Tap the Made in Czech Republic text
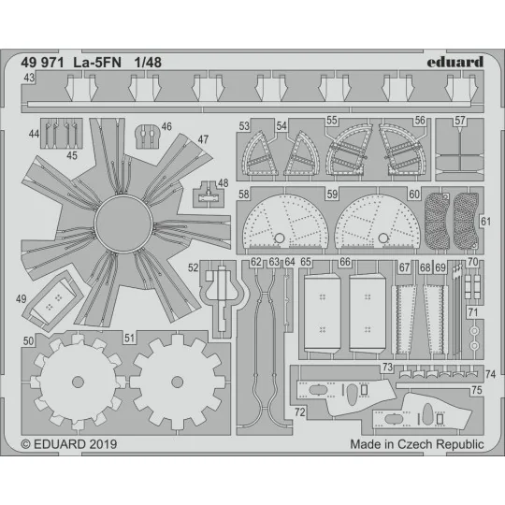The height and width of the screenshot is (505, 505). click(417, 444)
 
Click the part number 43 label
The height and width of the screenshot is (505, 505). click(30, 79)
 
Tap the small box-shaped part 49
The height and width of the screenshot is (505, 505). click(53, 299)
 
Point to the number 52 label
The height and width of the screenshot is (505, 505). click(194, 267)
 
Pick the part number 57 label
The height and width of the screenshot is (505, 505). click(459, 121)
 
